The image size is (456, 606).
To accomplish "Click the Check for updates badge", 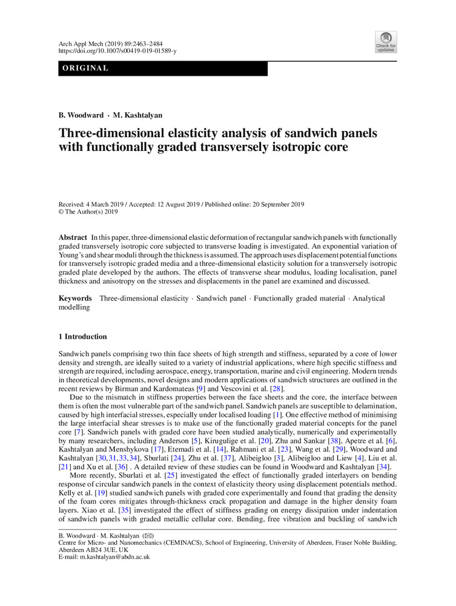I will [x=386, y=41].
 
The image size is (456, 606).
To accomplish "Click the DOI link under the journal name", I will [x=117, y=52].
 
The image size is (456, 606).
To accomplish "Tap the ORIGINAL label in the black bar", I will [x=84, y=68].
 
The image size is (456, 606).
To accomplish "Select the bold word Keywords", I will [x=74, y=299].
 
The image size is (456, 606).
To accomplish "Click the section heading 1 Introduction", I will [x=82, y=337].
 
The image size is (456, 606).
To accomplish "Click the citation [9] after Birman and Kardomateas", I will [x=179, y=388].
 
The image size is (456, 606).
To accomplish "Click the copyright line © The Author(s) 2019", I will [x=88, y=212].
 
